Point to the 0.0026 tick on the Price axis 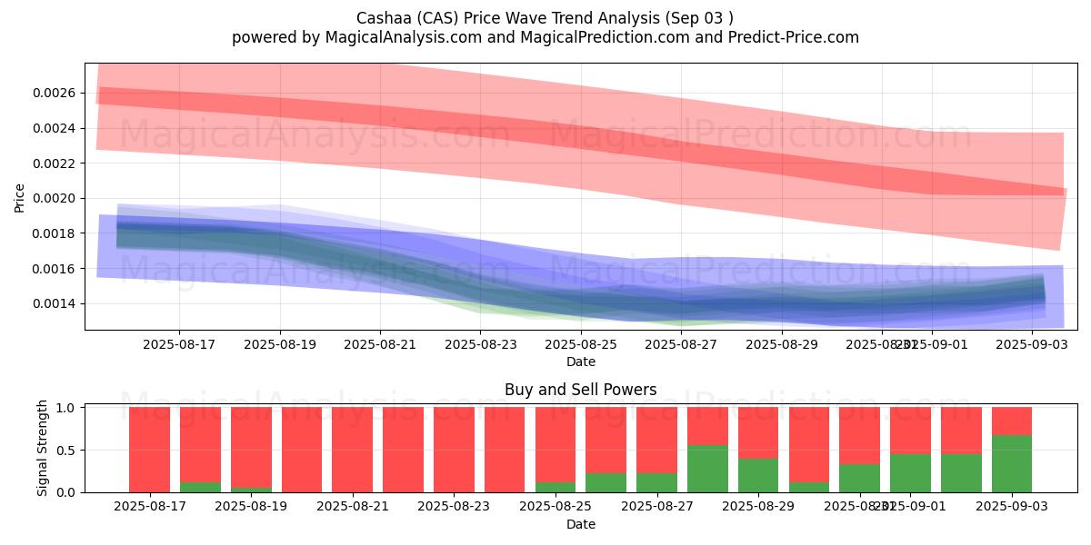[x=55, y=93]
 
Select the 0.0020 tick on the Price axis [x=55, y=198]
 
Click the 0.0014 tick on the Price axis [x=55, y=303]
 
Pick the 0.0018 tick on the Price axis [x=55, y=233]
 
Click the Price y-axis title [x=20, y=197]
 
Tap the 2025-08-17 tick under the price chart [x=178, y=344]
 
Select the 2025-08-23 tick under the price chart [x=480, y=344]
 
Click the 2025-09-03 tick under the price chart [x=1032, y=344]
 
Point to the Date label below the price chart [x=581, y=362]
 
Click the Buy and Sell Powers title [x=581, y=390]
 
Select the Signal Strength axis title [x=42, y=449]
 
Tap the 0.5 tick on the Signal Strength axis [x=66, y=450]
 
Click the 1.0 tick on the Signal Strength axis [x=66, y=408]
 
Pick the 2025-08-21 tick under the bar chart [x=352, y=506]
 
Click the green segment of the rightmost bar [x=1012, y=464]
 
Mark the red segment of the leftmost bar [x=149, y=450]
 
